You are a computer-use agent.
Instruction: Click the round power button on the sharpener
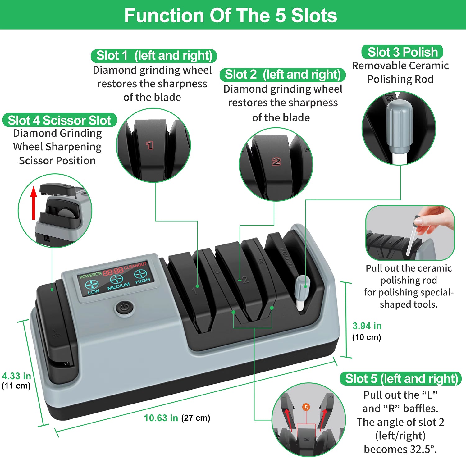[x=124, y=308]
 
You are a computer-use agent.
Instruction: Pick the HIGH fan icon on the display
[x=140, y=274]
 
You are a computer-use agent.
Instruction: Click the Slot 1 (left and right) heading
[x=154, y=56]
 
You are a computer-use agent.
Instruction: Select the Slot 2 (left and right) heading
[x=283, y=75]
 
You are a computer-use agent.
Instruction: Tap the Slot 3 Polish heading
[x=402, y=52]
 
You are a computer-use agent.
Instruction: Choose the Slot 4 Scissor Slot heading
[x=59, y=120]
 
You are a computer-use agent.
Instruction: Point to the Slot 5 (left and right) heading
[x=401, y=379]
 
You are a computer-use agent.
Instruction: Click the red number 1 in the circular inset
[x=150, y=145]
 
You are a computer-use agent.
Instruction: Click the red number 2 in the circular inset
[x=276, y=162]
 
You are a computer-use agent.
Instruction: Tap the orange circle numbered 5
[x=306, y=407]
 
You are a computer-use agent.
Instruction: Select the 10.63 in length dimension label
[x=161, y=418]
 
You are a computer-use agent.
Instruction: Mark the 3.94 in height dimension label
[x=367, y=326]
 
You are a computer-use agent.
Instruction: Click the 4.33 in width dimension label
[x=16, y=376]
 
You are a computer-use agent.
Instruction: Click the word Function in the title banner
[x=164, y=15]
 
